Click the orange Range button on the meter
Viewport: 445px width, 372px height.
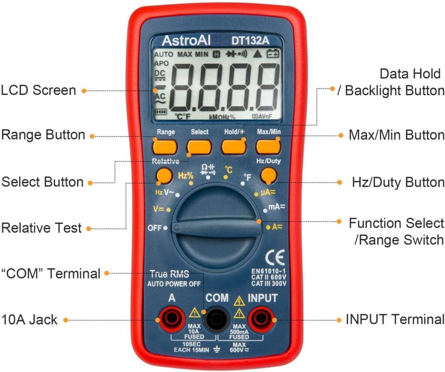coord(165,146)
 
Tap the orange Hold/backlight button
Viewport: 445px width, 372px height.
coord(234,146)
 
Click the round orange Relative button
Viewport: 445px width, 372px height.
coord(164,176)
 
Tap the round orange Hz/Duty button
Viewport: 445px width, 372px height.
coord(269,176)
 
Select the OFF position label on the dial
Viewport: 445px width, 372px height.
coord(154,228)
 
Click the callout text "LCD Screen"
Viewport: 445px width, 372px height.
coord(38,90)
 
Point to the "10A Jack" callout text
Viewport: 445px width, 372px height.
coord(30,320)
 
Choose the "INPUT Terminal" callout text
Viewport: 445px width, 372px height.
coord(395,320)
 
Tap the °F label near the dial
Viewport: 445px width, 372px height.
coord(247,177)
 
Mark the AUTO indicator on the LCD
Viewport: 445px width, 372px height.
coord(163,55)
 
